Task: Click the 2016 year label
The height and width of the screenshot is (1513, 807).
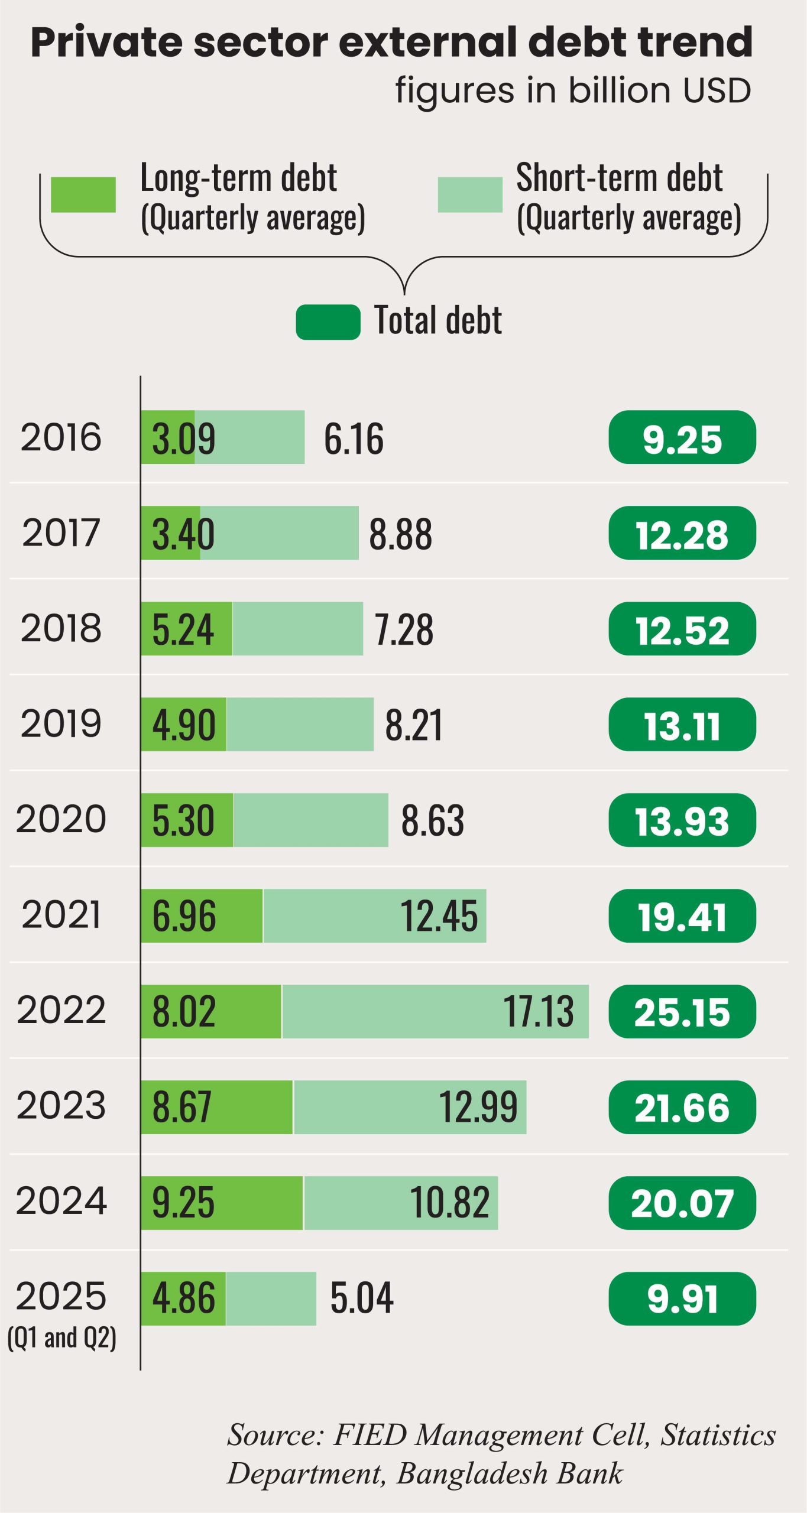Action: [61, 437]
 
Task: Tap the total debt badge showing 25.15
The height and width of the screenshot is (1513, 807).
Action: [682, 1012]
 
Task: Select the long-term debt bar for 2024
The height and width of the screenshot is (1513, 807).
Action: [222, 1203]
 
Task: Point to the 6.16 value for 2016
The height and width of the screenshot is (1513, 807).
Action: [354, 439]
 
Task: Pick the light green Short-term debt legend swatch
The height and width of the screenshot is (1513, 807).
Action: [469, 194]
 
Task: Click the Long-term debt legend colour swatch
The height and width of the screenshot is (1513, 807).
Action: [83, 194]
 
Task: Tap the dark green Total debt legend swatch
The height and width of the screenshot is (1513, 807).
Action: [328, 322]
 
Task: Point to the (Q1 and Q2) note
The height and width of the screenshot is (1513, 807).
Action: [61, 1337]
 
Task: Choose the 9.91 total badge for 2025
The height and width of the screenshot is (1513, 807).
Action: [682, 1299]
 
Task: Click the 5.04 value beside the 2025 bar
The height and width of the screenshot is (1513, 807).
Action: [361, 1298]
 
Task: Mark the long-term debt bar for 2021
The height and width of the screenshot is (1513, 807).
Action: [202, 915]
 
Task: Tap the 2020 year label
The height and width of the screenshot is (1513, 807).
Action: [61, 819]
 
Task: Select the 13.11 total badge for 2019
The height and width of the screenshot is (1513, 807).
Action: [682, 725]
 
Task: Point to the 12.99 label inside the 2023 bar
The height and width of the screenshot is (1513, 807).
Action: [478, 1107]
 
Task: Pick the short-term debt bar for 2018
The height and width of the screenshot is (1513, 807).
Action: [297, 628]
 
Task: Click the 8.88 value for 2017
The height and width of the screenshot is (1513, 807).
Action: [400, 534]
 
